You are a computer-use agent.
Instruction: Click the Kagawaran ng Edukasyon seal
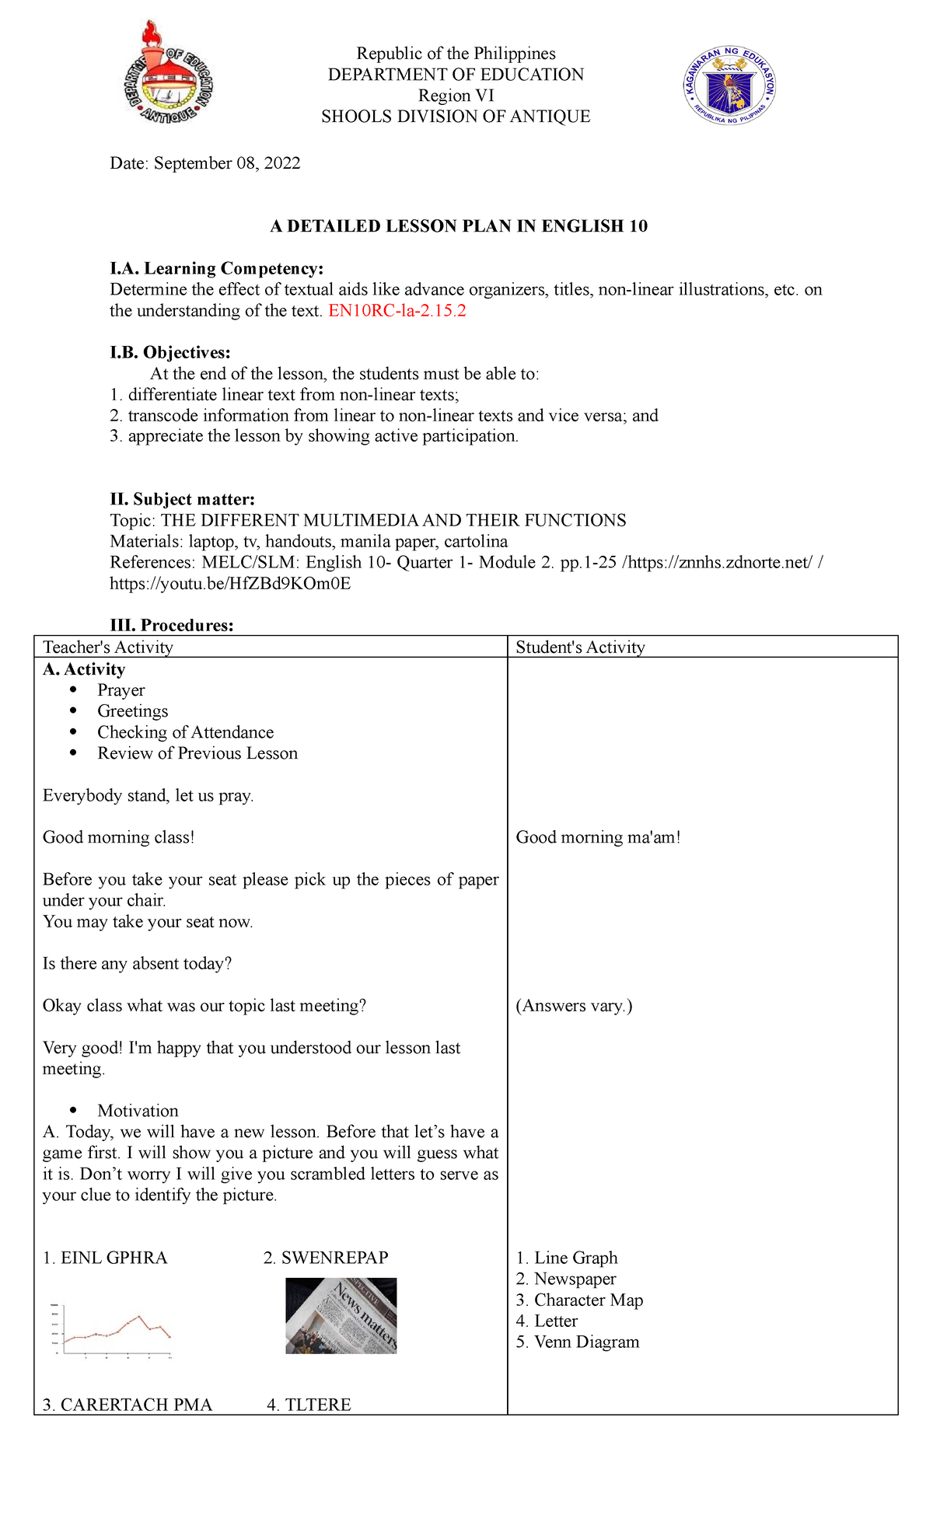729,86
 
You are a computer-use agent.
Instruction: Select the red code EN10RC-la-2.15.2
397,311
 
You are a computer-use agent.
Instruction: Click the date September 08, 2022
227,163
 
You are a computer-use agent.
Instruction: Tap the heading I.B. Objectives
170,353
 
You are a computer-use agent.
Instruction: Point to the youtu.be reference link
230,584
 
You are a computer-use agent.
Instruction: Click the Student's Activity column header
580,648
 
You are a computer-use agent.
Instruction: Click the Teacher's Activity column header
108,648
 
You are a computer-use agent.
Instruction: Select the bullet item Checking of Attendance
185,732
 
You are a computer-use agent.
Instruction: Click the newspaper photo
341,1315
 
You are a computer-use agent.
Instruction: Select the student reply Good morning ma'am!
598,837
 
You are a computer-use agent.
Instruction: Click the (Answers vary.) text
574,1006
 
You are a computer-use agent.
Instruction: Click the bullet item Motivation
138,1111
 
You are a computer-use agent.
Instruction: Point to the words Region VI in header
456,96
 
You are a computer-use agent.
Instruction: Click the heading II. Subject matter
183,500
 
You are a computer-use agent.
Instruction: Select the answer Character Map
588,1300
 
